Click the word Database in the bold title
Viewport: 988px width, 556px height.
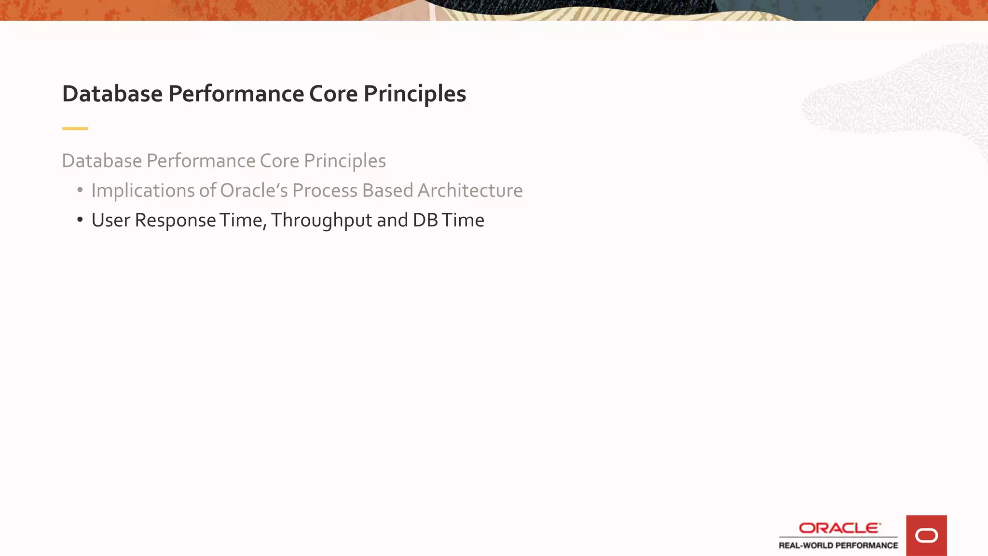112,94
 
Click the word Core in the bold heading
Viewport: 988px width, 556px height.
333,94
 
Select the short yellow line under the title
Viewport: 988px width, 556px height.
75,128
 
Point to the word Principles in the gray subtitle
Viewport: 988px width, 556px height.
344,161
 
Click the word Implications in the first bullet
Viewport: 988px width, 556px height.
143,191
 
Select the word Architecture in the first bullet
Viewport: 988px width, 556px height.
470,191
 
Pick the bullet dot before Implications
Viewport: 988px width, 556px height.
80,190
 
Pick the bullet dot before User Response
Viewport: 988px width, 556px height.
80,220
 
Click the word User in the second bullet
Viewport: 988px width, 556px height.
111,220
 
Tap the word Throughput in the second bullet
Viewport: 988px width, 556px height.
321,220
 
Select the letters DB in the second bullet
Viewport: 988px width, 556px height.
425,220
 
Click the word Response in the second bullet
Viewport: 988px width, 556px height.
175,220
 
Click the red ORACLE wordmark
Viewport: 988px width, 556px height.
839,528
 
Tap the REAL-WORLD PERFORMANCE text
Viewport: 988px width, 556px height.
838,545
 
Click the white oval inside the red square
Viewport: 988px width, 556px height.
926,536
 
